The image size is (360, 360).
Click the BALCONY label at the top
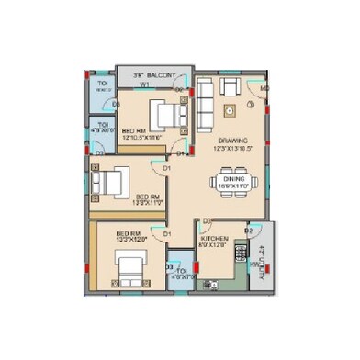154,75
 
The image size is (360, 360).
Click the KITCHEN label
215,242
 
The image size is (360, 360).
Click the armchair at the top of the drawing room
229,88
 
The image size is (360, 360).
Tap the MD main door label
264,89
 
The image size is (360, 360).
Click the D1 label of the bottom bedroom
167,234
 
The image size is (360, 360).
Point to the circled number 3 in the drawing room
250,104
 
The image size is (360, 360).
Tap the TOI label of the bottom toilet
182,269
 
